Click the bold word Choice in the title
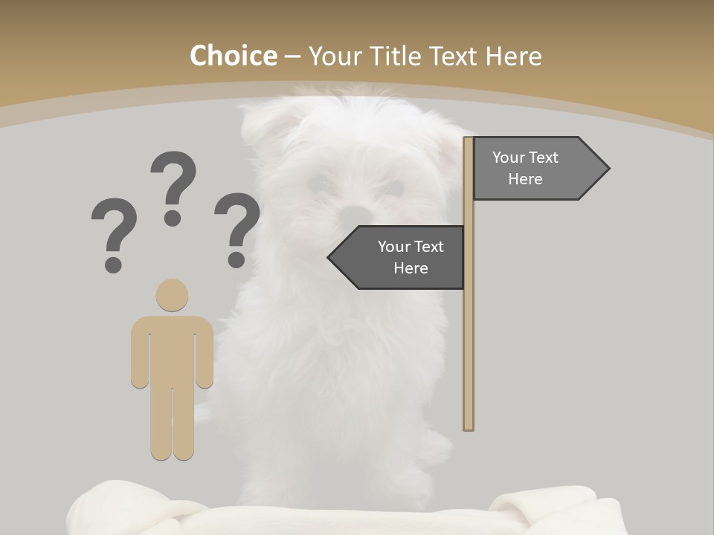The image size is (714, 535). point(233,56)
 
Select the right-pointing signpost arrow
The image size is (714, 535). point(540,169)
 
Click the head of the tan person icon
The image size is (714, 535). point(172,295)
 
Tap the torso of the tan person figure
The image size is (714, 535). point(172,349)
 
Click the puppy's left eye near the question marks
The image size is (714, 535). point(318,182)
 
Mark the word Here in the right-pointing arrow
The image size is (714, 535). point(525,179)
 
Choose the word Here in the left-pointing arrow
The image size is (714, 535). point(411,268)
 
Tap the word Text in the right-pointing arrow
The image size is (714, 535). point(544,158)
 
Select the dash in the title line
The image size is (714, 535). point(292,56)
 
